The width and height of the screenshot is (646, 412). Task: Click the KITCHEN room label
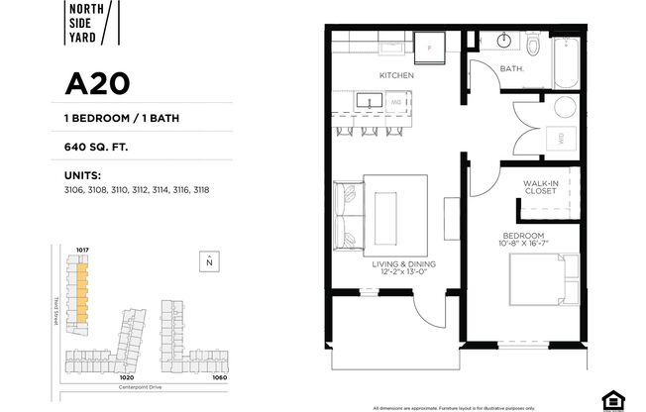pos(395,75)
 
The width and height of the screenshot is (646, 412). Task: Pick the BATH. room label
pos(512,69)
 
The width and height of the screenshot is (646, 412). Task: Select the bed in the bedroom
pos(541,278)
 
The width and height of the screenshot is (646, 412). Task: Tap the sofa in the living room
pos(350,215)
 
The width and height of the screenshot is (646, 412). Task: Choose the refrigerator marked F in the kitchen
pos(430,46)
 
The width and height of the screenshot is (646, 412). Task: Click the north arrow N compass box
pos(209,261)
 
